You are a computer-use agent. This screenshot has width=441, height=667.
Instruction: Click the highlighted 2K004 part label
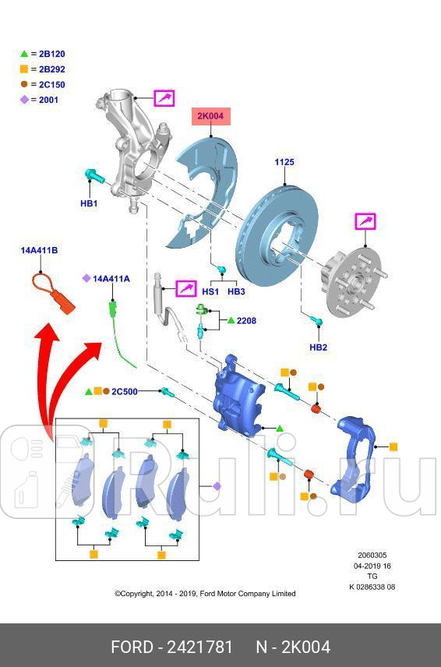[x=210, y=117]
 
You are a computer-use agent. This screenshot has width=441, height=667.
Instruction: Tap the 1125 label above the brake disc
[x=284, y=163]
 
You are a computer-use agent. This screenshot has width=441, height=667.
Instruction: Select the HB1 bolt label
[x=89, y=203]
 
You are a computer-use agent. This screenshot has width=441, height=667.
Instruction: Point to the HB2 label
[x=318, y=347]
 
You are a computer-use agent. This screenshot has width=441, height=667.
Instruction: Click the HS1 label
[x=210, y=291]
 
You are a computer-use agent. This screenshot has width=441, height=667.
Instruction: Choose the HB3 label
[x=236, y=291]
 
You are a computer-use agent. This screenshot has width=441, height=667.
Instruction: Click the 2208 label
[x=246, y=320]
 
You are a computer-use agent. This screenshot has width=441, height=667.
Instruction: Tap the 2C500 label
[x=125, y=391]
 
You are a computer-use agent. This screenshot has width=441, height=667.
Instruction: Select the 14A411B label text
[x=39, y=250]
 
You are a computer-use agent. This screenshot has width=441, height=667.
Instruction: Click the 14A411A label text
[x=111, y=278]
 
